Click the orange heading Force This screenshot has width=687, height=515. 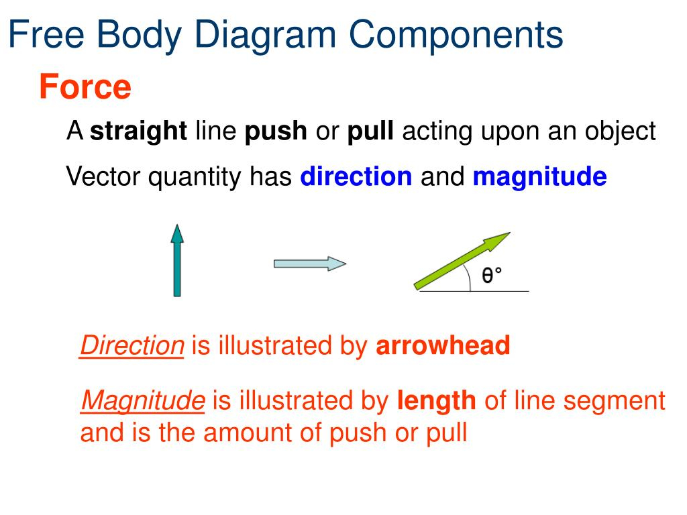(85, 87)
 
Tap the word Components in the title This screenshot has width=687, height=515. (456, 35)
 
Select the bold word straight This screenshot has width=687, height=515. (138, 131)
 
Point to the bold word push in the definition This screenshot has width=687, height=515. (276, 131)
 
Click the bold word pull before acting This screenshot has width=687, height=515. (370, 131)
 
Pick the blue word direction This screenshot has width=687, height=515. (356, 176)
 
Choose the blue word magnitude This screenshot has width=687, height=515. (540, 177)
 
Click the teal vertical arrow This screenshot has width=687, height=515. (177, 261)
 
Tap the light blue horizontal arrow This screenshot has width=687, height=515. (310, 264)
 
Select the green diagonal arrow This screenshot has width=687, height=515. (462, 261)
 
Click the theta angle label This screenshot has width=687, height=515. (492, 275)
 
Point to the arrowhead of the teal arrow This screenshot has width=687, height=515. (177, 233)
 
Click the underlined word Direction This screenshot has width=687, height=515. (132, 345)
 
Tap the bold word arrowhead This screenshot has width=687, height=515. (443, 345)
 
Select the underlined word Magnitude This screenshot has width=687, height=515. (143, 401)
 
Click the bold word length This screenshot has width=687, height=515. (436, 401)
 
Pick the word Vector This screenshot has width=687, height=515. (103, 176)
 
